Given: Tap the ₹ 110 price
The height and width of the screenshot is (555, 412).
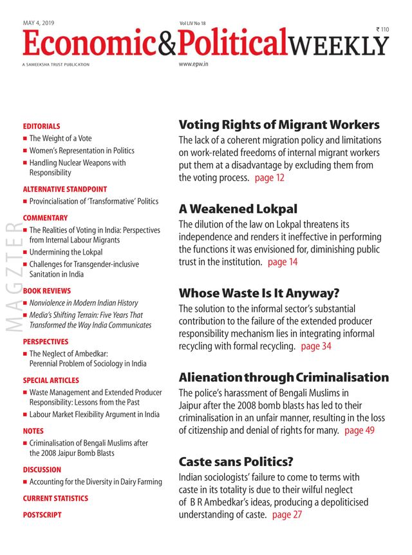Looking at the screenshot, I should pyautogui.click(x=383, y=30).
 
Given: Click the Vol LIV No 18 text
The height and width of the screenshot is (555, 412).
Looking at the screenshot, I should pyautogui.click(x=192, y=24).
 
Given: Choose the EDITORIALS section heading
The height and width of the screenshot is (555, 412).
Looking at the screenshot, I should pyautogui.click(x=41, y=126).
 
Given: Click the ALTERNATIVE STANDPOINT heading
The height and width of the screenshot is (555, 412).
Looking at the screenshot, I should pyautogui.click(x=64, y=189).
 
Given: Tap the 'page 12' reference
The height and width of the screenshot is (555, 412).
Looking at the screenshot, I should pyautogui.click(x=269, y=178).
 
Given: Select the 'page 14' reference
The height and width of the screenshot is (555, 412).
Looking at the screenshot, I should pyautogui.click(x=283, y=262).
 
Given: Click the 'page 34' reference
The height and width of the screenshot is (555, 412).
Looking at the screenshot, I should pyautogui.click(x=316, y=346).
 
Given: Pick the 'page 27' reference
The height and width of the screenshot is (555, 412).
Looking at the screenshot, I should pyautogui.click(x=287, y=514).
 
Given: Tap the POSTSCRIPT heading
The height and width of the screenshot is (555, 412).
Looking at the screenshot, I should pyautogui.click(x=42, y=515).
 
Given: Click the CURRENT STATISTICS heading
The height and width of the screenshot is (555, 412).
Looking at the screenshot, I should pyautogui.click(x=55, y=498).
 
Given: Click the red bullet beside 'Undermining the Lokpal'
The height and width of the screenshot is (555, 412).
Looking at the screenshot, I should pyautogui.click(x=24, y=253).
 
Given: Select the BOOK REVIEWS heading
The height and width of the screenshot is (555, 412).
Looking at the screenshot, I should pyautogui.click(x=47, y=291).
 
